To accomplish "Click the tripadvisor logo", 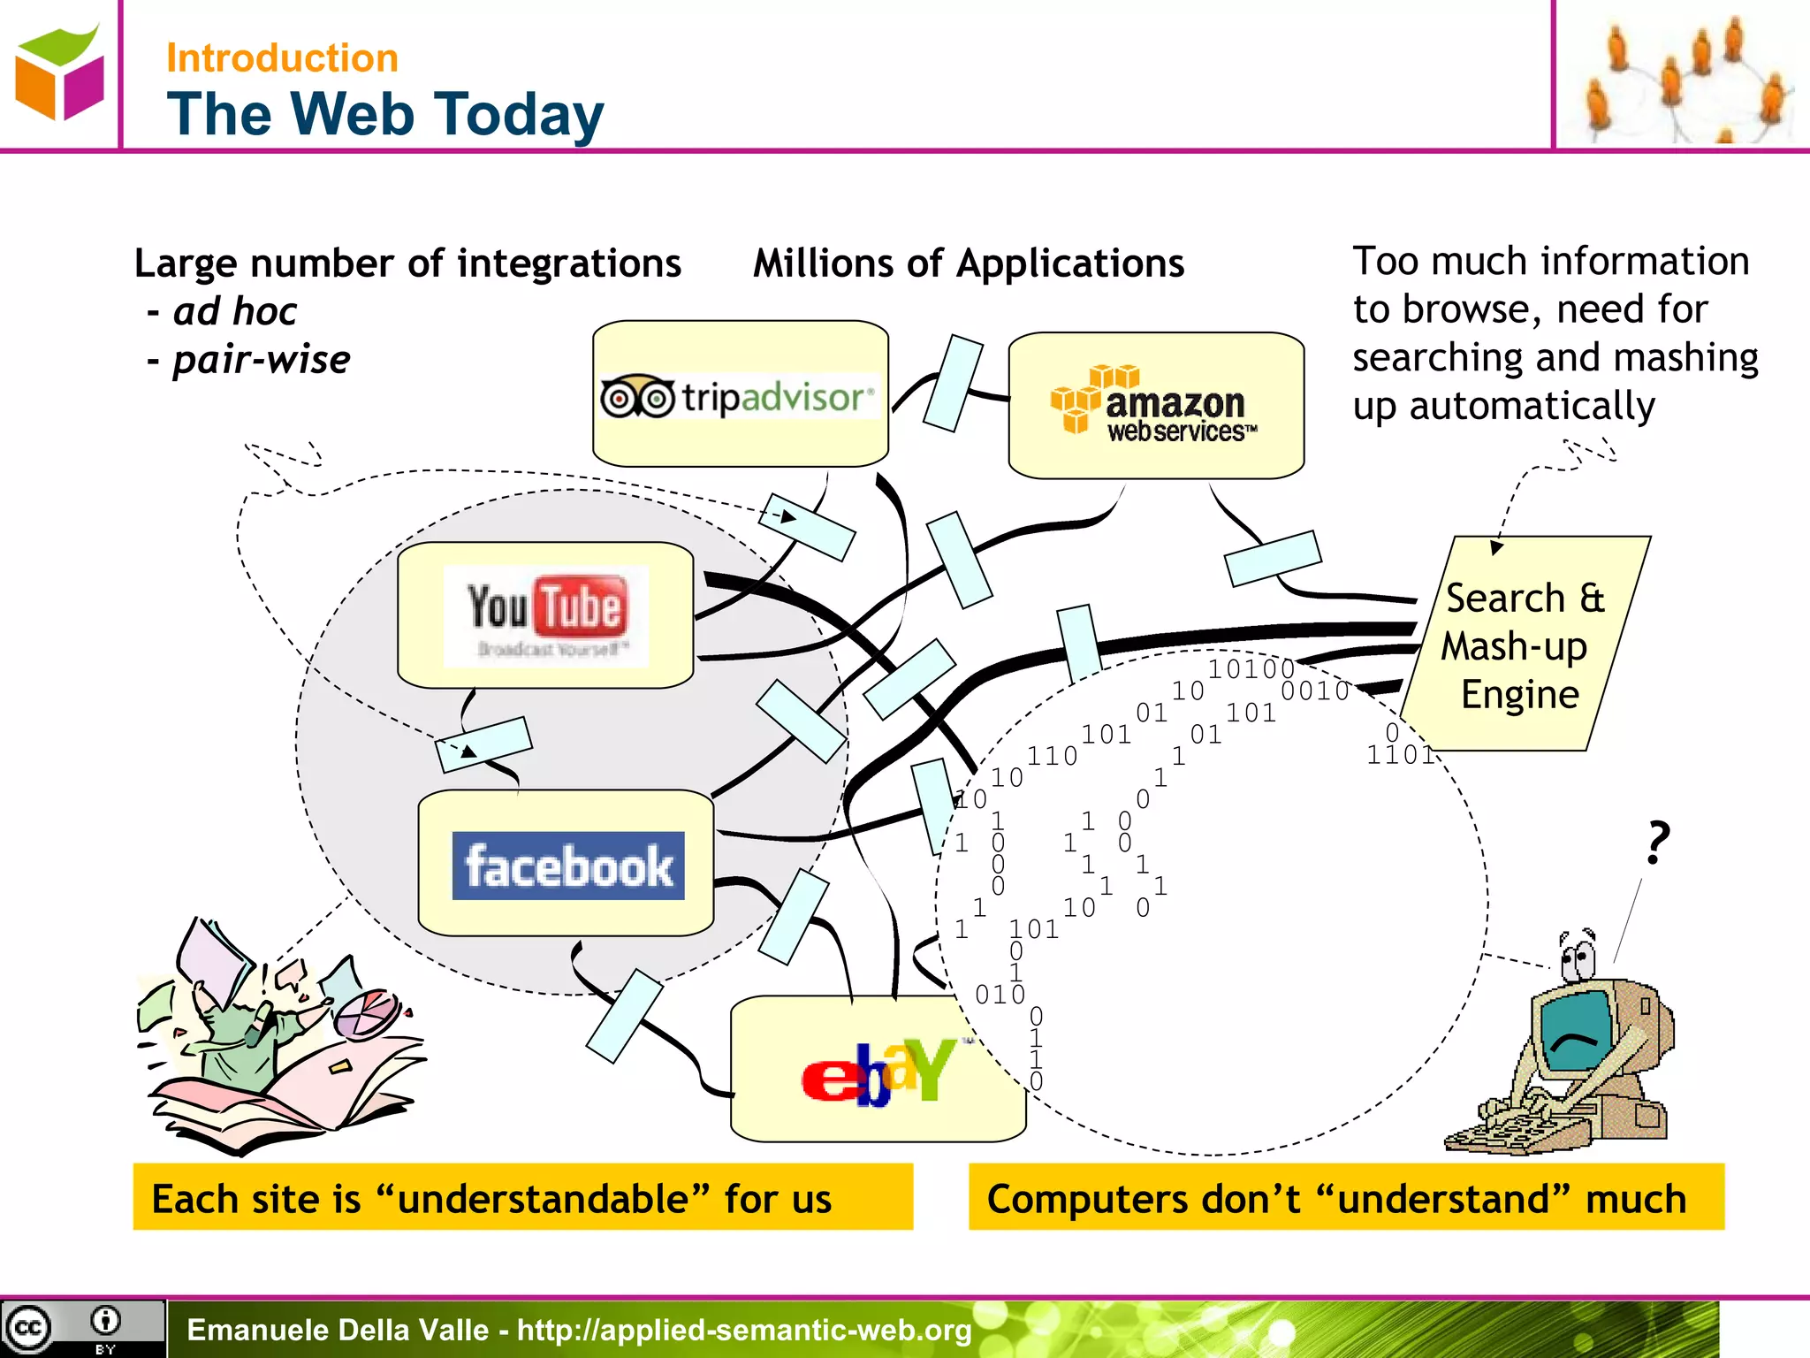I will pos(738,397).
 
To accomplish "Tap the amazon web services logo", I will pos(1155,405).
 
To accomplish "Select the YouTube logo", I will pos(546,614).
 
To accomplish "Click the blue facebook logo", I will pos(567,866).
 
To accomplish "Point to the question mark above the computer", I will pos(1658,842).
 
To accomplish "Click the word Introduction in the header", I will pos(282,58).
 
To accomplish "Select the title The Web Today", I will pos(385,114).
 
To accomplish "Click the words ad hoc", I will pos(235,311).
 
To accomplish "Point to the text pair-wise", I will pos(261,360).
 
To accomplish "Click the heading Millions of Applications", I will pos(968,263).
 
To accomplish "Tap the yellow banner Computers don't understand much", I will pos(1345,1198).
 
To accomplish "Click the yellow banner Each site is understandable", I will pos(522,1198).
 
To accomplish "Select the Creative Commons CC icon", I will pos(28,1327).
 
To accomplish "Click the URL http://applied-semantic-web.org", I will pos(744,1330).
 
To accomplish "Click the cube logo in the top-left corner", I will pos(59,73).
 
